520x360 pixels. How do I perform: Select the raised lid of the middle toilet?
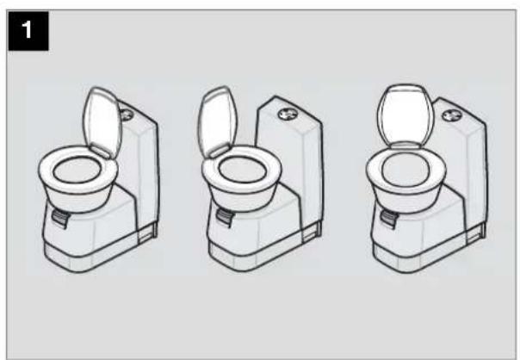tap(215, 121)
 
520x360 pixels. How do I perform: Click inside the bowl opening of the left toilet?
tap(77, 173)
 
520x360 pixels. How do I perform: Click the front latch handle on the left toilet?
tap(59, 221)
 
